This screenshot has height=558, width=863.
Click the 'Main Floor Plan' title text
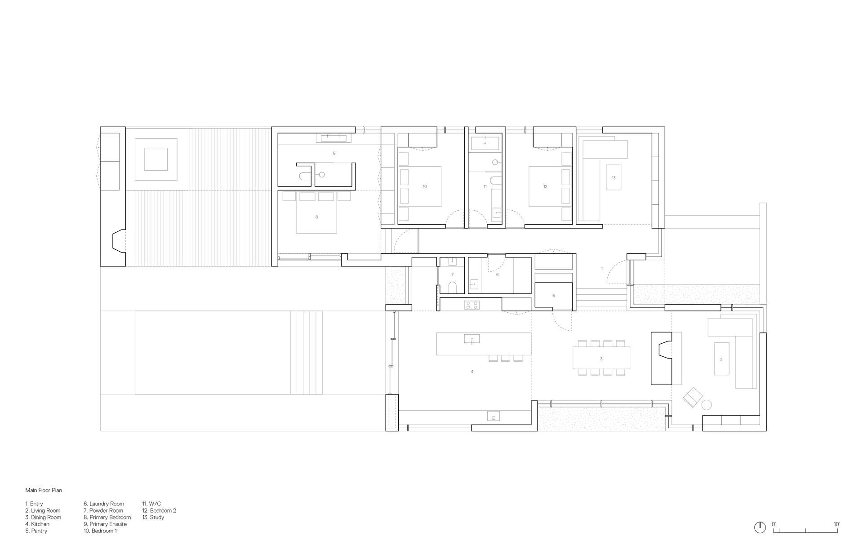tap(44, 490)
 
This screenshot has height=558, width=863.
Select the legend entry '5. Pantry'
tap(36, 531)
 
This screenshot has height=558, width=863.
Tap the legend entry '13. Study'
tap(153, 517)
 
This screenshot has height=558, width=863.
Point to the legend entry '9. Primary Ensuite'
tap(105, 524)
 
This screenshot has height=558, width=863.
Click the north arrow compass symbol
tap(760, 527)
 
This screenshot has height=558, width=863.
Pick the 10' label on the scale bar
tap(836, 524)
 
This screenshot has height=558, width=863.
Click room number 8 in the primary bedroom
tap(316, 217)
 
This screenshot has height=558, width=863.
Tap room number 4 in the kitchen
tap(472, 372)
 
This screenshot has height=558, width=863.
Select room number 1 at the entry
tap(602, 269)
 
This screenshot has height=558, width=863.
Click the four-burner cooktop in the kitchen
tap(472, 305)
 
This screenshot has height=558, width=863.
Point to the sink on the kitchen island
tap(472, 338)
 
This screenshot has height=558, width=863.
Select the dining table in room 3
tap(601, 358)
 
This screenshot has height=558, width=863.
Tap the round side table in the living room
tap(707, 405)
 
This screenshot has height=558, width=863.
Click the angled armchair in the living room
tap(692, 397)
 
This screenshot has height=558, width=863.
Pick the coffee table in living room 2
tap(721, 359)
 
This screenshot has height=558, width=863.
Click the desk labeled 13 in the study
tap(613, 177)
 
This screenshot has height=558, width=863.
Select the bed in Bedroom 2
tap(545, 186)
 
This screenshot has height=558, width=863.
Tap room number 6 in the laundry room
tap(497, 275)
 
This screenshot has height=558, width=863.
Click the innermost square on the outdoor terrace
tap(156, 159)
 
